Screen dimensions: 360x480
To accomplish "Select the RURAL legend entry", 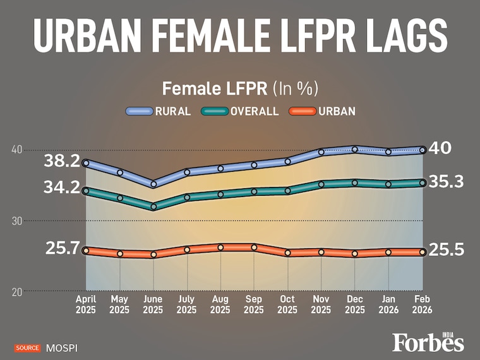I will pyautogui.click(x=159, y=112).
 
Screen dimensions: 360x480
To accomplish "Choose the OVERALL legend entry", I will pyautogui.click(x=240, y=112).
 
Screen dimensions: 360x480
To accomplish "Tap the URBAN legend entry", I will pyautogui.click(x=322, y=112).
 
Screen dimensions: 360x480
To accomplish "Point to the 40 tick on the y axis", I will pyautogui.click(x=16, y=150).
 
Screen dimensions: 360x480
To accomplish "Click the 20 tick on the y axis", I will pyautogui.click(x=16, y=292).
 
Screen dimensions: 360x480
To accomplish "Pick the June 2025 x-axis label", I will pyautogui.click(x=153, y=304).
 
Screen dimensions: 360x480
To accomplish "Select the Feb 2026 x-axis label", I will pyautogui.click(x=423, y=304).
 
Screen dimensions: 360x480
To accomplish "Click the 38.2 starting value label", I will pyautogui.click(x=62, y=161).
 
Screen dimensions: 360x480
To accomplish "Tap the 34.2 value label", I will pyautogui.click(x=62, y=188).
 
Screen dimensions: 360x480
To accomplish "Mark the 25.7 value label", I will pyautogui.click(x=63, y=248).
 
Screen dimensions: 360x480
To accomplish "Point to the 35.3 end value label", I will pyautogui.click(x=447, y=182).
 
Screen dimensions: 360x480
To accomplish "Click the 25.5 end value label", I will pyautogui.click(x=447, y=249).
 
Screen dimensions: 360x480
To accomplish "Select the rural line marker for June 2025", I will pyautogui.click(x=153, y=184).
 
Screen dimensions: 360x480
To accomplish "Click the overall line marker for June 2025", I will pyautogui.click(x=153, y=207).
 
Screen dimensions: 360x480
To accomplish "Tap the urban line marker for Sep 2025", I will pyautogui.click(x=254, y=248).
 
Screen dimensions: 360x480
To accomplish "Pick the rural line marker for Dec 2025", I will pyautogui.click(x=355, y=150).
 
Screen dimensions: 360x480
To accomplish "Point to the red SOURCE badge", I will pyautogui.click(x=28, y=347).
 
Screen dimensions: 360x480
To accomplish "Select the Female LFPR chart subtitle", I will pyautogui.click(x=240, y=87).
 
